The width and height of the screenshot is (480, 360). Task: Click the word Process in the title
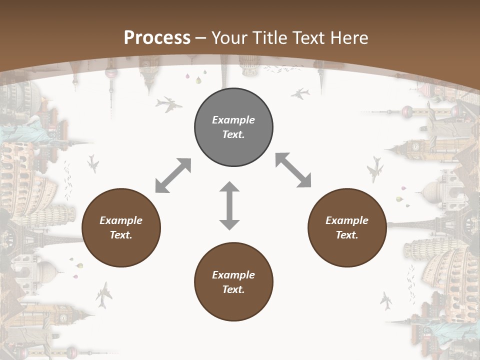pyautogui.click(x=157, y=37)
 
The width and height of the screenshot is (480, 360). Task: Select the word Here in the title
pyautogui.click(x=350, y=37)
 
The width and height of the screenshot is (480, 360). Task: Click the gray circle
pyautogui.click(x=233, y=127)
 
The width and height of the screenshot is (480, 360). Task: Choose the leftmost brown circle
pyautogui.click(x=121, y=227)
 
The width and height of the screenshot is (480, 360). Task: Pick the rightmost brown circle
pyautogui.click(x=347, y=227)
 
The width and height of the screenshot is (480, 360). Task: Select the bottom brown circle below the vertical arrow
pyautogui.click(x=233, y=282)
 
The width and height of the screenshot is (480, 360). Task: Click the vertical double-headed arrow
pyautogui.click(x=229, y=205)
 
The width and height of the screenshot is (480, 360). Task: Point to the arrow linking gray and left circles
pyautogui.click(x=173, y=175)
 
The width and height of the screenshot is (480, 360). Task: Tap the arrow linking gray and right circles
pyautogui.click(x=293, y=170)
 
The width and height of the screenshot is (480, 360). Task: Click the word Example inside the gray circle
pyautogui.click(x=233, y=120)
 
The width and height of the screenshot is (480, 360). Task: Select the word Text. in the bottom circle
pyautogui.click(x=233, y=289)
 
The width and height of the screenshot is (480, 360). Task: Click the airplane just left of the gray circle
pyautogui.click(x=168, y=104)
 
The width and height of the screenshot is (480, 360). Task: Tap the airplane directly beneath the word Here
pyautogui.click(x=300, y=93)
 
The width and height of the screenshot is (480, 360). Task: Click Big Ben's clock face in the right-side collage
pyautogui.click(x=415, y=146)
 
